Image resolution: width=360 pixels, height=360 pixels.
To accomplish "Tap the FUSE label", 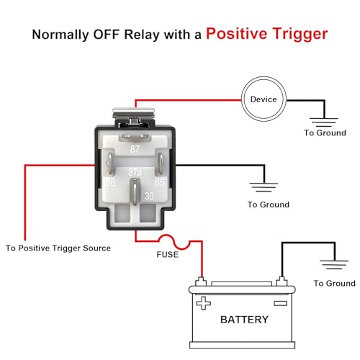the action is tap(168, 254).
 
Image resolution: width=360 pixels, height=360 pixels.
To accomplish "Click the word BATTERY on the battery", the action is tap(244, 320).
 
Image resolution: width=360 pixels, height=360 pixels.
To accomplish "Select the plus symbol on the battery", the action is tap(203, 303).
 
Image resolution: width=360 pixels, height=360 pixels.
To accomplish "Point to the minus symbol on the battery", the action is tap(281, 303).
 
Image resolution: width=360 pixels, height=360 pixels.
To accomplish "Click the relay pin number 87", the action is tap(135, 149).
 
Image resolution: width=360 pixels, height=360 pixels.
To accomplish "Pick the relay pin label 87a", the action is tap(135, 172).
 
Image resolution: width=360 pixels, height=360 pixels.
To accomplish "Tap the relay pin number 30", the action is tap(149, 197).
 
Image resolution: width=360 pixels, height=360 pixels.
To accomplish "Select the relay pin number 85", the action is tap(160, 183).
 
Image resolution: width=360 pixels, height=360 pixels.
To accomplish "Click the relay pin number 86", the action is tap(111, 183).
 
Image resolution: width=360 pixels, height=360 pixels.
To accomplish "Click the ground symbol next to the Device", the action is tap(324, 122).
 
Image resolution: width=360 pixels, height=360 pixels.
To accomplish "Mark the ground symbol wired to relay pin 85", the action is tap(264, 187).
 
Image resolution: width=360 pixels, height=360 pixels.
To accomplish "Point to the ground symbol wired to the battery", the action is tap(334, 265).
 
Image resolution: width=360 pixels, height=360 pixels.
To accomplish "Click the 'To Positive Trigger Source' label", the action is tap(58, 248).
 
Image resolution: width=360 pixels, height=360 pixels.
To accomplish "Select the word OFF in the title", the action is tap(106, 35).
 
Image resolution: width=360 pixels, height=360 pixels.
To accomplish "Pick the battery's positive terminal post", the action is tap(201, 282).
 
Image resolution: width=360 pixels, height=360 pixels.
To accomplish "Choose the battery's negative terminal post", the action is tap(282, 282).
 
